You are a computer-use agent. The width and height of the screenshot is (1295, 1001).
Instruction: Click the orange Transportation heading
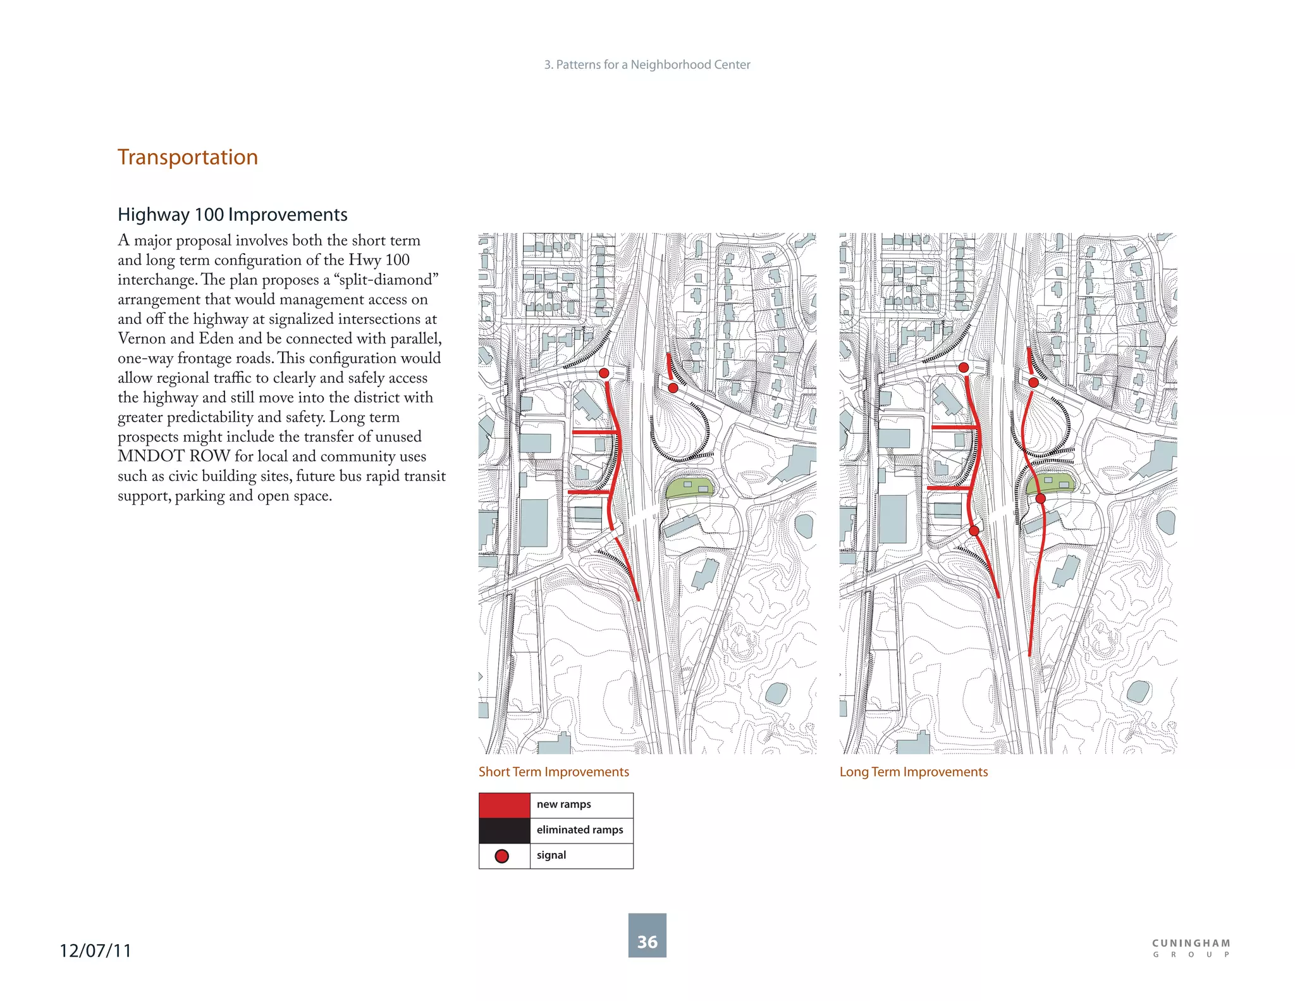[x=188, y=157]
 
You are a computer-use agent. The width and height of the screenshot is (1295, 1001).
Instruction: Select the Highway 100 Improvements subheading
[x=232, y=214]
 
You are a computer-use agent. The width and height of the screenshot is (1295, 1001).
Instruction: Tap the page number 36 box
[x=647, y=935]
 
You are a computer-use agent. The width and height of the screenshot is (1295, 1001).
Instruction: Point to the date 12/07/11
[x=95, y=950]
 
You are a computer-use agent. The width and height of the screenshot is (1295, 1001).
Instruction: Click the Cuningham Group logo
[x=1191, y=948]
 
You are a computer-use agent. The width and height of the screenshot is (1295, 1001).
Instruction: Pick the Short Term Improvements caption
[x=553, y=772]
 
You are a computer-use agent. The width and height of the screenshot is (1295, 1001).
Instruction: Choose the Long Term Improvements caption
[x=913, y=772]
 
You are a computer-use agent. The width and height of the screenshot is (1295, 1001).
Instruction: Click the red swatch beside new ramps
[x=504, y=805]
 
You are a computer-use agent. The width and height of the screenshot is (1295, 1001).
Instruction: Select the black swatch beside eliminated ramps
[x=504, y=830]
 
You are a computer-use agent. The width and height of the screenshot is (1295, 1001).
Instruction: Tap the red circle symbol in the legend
[x=502, y=856]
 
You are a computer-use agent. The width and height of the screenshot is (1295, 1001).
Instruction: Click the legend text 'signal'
[x=551, y=855]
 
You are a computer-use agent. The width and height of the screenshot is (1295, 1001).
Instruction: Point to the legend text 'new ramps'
[x=563, y=804]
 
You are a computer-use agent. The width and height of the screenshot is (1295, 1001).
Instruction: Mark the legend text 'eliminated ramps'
[x=580, y=830]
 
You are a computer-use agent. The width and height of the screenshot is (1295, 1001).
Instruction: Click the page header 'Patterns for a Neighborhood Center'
[x=647, y=65]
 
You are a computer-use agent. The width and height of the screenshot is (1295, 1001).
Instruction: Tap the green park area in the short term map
[x=690, y=487]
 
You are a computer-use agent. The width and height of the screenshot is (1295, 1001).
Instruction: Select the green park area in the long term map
[x=1050, y=483]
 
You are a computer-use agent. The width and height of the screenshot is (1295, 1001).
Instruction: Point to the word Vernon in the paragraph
[x=141, y=339]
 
